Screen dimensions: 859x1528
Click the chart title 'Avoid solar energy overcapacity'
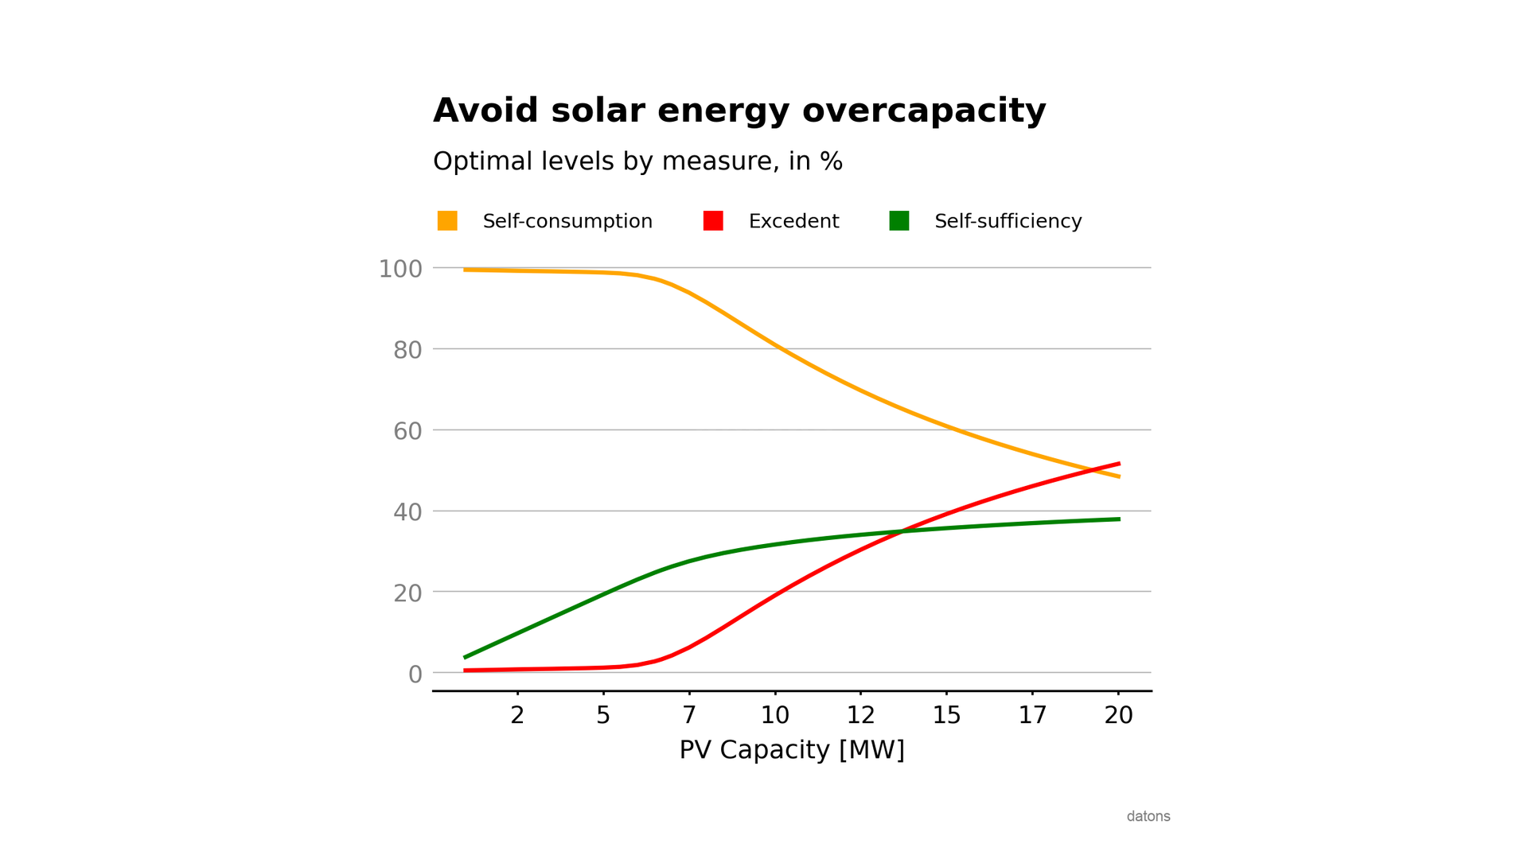(739, 111)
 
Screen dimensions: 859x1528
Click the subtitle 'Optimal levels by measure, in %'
(637, 161)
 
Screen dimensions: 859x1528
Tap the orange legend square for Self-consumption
(447, 221)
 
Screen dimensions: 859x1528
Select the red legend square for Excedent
(713, 221)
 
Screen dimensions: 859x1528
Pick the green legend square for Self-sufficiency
(898, 221)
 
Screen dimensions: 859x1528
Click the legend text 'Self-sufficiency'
(1008, 221)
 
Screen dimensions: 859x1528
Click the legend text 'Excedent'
(793, 221)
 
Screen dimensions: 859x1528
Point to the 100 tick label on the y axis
(400, 269)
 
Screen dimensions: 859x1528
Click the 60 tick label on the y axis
(407, 431)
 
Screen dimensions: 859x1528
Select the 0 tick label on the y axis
(415, 674)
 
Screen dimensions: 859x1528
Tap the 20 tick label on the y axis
(407, 593)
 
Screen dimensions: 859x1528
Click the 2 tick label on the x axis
(517, 715)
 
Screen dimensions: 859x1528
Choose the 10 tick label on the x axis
(774, 715)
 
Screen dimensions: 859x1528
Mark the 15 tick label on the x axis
(946, 715)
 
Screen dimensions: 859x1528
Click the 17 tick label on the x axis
(1032, 715)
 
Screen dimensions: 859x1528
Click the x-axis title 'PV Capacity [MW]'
(792, 750)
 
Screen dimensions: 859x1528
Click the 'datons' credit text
(1148, 816)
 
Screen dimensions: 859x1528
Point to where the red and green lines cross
(902, 531)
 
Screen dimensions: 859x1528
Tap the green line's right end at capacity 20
(1118, 519)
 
